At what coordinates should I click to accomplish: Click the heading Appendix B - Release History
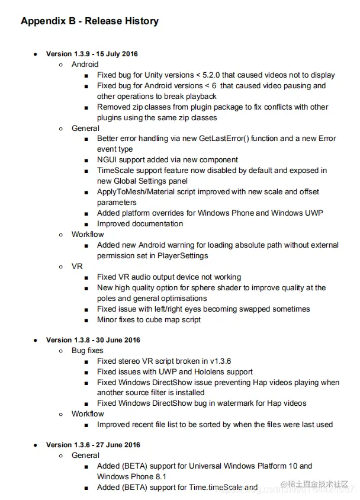coord(89,21)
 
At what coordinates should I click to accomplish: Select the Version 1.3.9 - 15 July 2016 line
coord(92,54)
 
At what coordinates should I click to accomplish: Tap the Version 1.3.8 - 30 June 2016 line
coord(93,340)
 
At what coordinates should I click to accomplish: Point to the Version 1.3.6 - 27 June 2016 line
coord(93,445)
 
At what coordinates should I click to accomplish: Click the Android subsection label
coord(85,65)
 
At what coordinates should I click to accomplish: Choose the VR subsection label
coord(77,267)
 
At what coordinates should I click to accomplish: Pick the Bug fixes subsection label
coord(88,351)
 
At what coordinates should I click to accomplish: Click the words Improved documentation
coord(140,224)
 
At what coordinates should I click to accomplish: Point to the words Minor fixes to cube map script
coord(149,320)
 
